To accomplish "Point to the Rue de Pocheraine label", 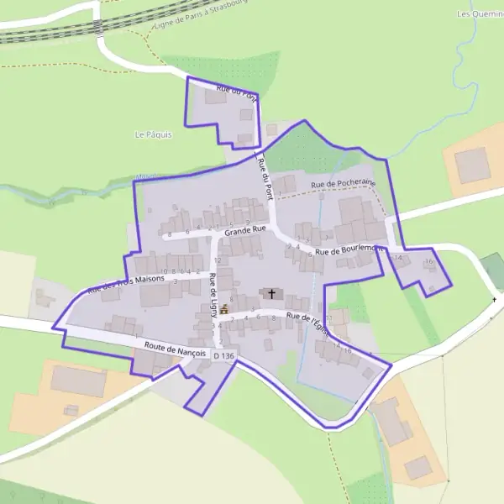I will (x=343, y=183).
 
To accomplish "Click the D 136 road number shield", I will (x=223, y=356).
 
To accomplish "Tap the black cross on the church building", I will (x=271, y=294).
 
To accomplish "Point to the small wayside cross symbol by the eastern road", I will (x=495, y=299).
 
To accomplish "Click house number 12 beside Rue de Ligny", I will (x=217, y=260).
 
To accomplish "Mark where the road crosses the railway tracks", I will (x=99, y=27).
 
